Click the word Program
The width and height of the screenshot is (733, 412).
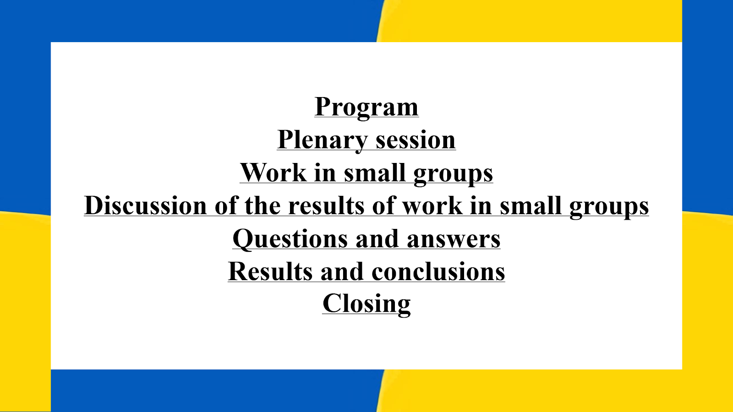(366, 108)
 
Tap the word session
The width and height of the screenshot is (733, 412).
(416, 141)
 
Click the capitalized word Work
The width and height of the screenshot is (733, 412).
(273, 172)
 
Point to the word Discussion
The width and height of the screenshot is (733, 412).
(146, 206)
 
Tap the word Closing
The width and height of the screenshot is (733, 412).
(366, 304)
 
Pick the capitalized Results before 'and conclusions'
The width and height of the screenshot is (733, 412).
(270, 271)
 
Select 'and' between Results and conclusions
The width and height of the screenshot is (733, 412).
(342, 271)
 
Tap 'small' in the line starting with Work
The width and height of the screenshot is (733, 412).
(375, 172)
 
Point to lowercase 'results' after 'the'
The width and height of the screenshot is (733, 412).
(326, 206)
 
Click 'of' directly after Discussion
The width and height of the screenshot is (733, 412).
(226, 206)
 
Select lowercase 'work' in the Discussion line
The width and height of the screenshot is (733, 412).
(432, 206)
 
